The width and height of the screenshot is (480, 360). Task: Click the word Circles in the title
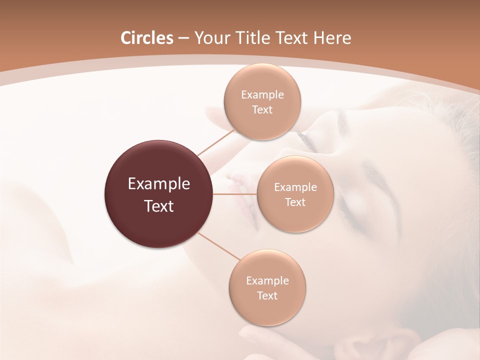[146, 38]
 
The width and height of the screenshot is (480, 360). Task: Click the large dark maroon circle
[159, 194]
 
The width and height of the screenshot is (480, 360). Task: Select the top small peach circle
[262, 101]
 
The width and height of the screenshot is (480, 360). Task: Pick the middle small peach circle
[295, 194]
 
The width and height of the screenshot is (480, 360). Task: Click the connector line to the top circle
[215, 142]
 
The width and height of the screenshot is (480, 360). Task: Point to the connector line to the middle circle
[235, 194]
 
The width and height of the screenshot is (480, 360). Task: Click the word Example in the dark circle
[159, 184]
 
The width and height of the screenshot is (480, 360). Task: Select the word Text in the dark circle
[159, 206]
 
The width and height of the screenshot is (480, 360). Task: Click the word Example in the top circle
[262, 94]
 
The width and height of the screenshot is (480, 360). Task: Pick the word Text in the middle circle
[295, 202]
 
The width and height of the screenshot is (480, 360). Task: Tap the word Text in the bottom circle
[267, 295]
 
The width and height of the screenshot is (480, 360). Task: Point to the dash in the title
[183, 38]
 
